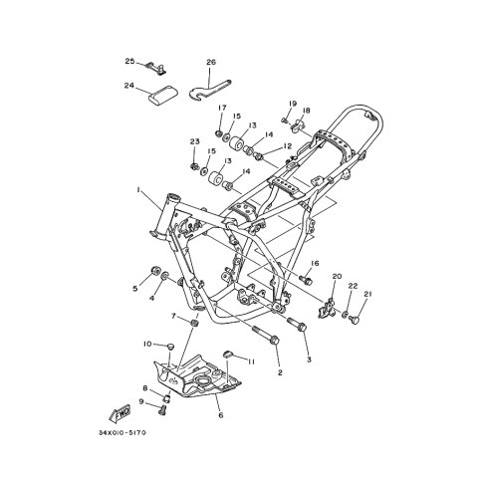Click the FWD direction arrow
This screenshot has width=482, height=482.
[120, 413]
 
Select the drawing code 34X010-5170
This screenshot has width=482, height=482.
[122, 433]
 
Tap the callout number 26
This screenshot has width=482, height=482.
[211, 62]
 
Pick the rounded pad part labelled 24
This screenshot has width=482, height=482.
[162, 95]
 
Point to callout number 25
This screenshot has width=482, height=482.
[129, 61]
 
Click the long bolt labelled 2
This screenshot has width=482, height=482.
[266, 336]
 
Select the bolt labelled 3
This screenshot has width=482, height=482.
[297, 324]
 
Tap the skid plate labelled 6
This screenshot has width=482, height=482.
[196, 376]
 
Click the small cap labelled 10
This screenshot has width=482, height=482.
[170, 347]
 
